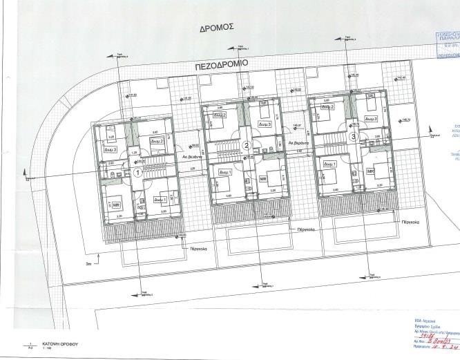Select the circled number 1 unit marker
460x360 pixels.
tap(137, 173)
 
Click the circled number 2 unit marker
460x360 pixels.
tap(246, 145)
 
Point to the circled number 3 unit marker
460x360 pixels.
tap(353, 137)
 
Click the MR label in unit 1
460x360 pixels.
tap(116, 205)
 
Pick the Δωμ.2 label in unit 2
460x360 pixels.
tap(220, 116)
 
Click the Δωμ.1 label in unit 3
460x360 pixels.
tap(329, 164)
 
